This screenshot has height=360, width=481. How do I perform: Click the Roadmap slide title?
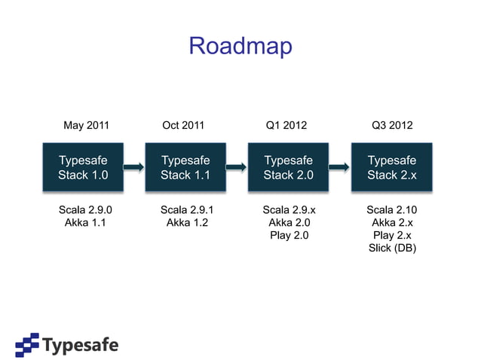click(240, 46)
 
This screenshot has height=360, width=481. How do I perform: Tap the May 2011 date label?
click(86, 125)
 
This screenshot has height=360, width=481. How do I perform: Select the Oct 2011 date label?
click(183, 125)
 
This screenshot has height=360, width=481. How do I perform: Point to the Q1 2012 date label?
click(286, 125)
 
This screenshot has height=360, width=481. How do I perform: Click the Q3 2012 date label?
click(392, 125)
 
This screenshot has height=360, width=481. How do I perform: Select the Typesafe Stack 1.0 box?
click(83, 167)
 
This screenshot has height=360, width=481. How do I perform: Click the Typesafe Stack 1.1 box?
click(185, 167)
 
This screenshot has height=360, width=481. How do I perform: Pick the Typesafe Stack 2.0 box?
click(288, 167)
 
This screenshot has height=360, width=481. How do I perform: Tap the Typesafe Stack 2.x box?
click(391, 167)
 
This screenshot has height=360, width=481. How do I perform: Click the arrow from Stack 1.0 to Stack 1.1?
click(134, 167)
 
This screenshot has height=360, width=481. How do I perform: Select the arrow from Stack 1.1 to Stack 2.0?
click(237, 167)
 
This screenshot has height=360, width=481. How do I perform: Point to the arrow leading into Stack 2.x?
click(340, 167)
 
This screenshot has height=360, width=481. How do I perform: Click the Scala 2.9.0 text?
click(83, 209)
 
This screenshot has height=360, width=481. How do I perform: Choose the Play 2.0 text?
click(289, 235)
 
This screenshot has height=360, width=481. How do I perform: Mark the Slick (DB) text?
click(392, 248)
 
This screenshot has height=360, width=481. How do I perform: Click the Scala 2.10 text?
click(392, 209)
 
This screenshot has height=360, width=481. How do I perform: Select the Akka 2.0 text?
click(289, 222)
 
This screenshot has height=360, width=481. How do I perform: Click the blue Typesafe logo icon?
click(28, 344)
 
